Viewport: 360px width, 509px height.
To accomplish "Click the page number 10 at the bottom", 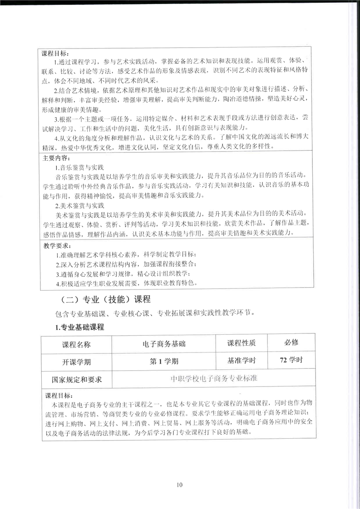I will [x=180, y=485].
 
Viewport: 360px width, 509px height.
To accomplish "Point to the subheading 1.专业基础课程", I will [x=79, y=328].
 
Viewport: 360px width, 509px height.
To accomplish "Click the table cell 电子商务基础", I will [x=163, y=344].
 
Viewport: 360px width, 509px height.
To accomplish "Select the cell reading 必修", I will [x=291, y=342].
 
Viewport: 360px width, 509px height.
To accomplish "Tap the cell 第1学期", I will [x=163, y=362].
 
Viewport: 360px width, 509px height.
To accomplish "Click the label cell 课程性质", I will [x=242, y=343].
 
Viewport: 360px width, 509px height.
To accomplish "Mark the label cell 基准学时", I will [x=242, y=361].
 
